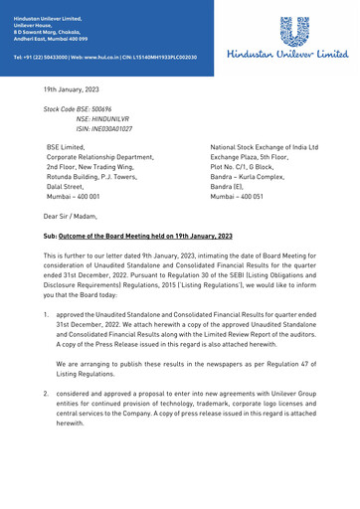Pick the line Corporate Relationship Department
tap(100, 158)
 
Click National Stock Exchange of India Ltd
tap(264, 147)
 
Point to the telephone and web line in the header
tap(104, 57)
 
